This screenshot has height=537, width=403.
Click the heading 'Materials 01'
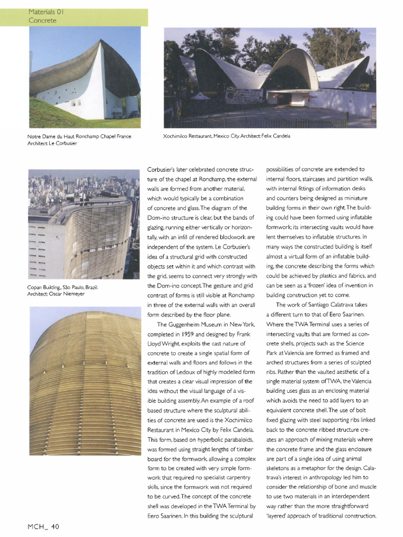[46, 11]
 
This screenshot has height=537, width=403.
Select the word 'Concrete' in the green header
[43, 20]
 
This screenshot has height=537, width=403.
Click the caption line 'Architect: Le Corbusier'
[52, 144]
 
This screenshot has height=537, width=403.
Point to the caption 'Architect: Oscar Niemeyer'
[56, 294]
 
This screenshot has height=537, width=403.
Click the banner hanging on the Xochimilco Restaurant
[243, 95]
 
